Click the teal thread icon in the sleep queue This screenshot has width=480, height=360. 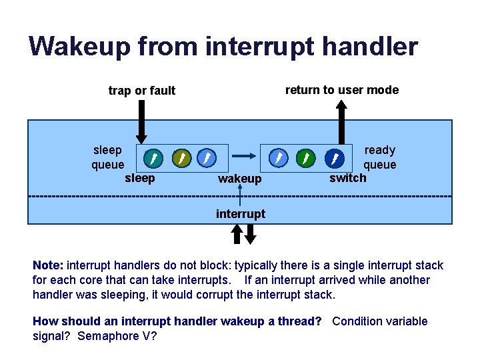pos(153,158)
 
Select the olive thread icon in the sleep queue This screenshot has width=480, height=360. pos(181,158)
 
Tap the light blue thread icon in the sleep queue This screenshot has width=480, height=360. pos(207,158)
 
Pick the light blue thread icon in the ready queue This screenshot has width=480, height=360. pos(278,158)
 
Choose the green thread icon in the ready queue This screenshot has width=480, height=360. pos(305,158)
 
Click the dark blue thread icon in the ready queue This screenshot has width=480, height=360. pos(334,158)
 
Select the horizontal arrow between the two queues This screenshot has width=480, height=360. pos(244,155)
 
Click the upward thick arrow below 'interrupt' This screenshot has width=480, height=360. pos(236,233)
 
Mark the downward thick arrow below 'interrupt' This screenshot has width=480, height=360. pos(250,233)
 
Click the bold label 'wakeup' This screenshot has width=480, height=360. pos(240,179)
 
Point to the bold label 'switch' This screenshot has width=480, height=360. pos(348,178)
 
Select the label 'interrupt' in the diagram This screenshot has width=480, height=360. pos(241,214)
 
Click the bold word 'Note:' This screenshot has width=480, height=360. pos(48,265)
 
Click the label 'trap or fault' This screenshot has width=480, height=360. pos(142,91)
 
